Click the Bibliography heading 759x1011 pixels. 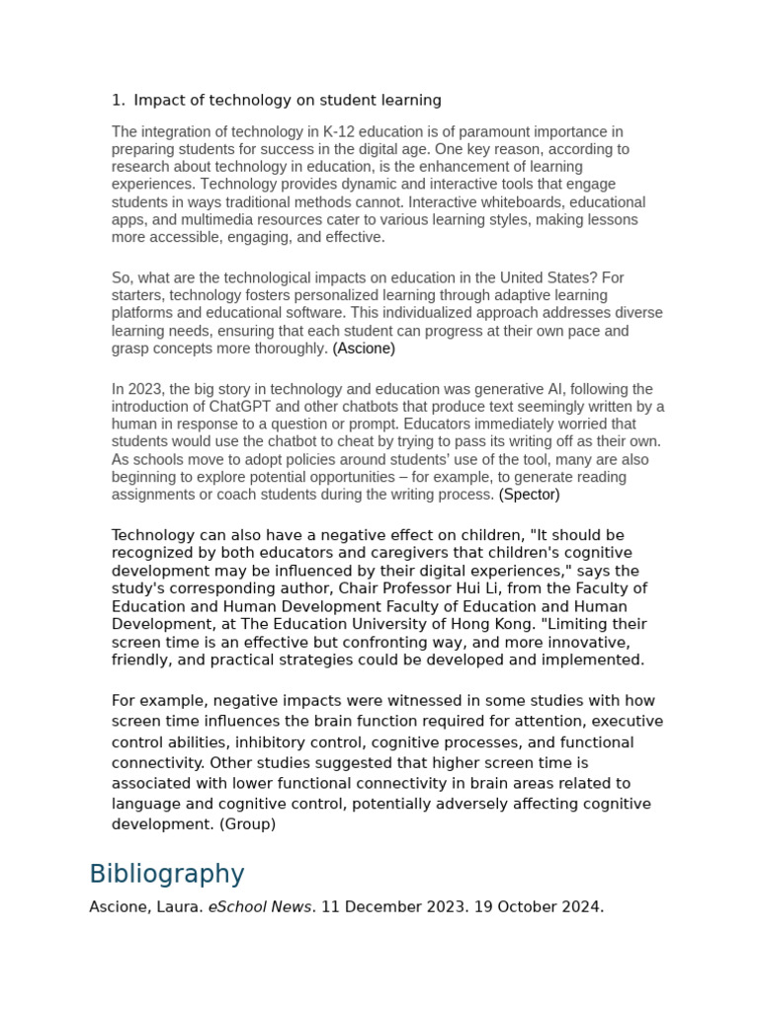[166, 874]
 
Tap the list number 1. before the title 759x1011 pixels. [119, 100]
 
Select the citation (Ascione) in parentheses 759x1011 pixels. [364, 349]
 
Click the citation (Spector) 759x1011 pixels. [529, 495]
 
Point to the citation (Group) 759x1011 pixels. [247, 823]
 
